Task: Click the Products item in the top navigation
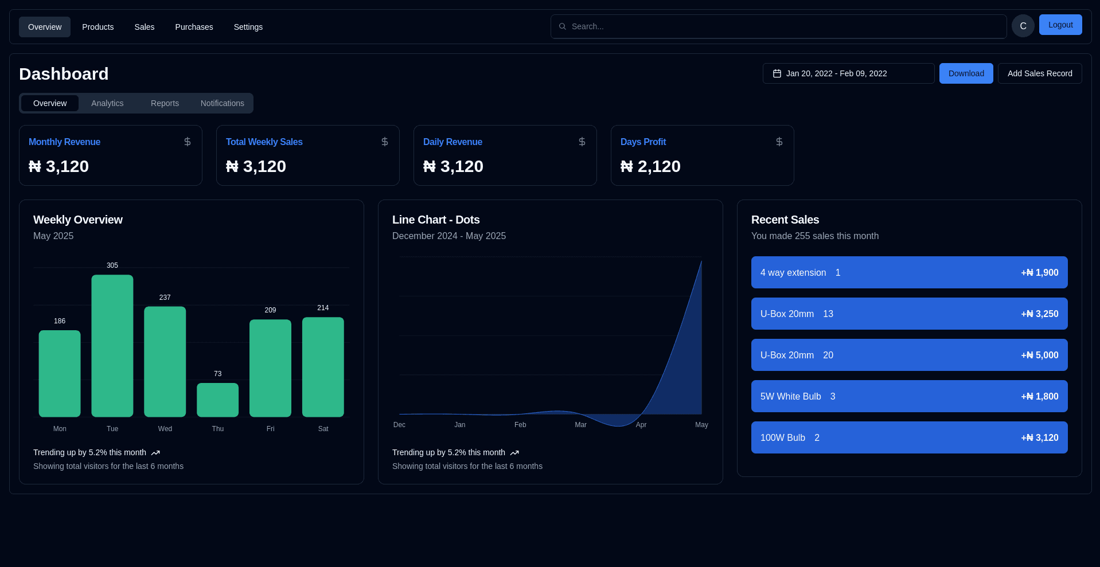[x=97, y=27]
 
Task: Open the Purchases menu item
[x=194, y=27]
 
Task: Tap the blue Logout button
[x=1060, y=25]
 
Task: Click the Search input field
[x=780, y=26]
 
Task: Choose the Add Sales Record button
[x=1039, y=73]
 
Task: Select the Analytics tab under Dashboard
[x=107, y=103]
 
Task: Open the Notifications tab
[x=222, y=103]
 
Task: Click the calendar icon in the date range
[x=777, y=73]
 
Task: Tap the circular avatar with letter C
[x=1023, y=26]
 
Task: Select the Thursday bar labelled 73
[x=217, y=400]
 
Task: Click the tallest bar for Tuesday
[x=112, y=346]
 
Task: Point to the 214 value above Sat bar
[x=323, y=308]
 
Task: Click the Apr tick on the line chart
[x=641, y=425]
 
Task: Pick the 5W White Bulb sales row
[x=909, y=396]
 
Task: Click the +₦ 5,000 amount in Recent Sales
[x=1039, y=355]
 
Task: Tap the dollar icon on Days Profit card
[x=779, y=142]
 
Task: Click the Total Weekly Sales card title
[x=264, y=142]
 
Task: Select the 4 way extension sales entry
[x=909, y=272]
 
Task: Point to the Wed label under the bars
[x=165, y=429]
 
